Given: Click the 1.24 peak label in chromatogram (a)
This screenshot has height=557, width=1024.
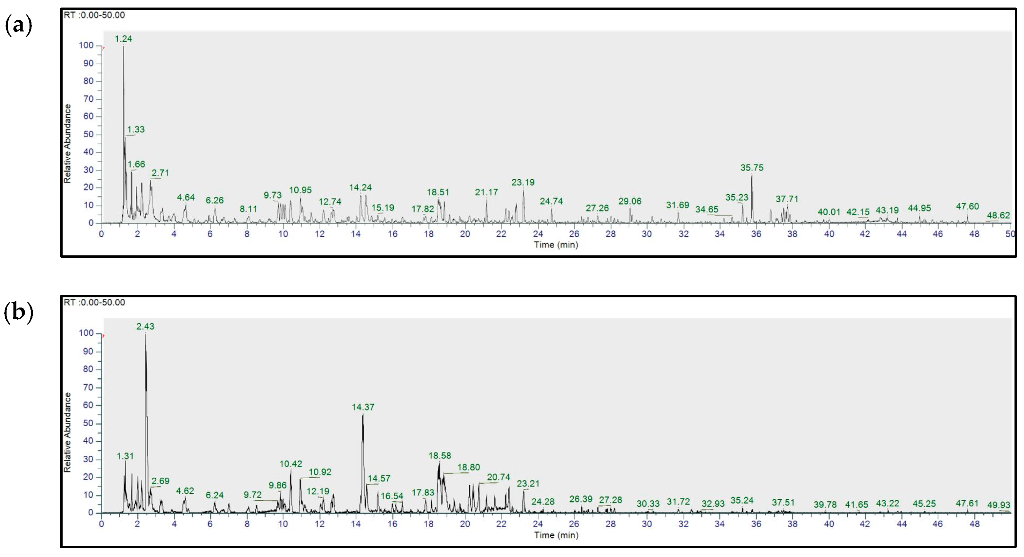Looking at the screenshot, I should tap(123, 39).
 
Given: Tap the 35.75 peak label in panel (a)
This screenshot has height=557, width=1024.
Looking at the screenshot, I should tap(751, 168).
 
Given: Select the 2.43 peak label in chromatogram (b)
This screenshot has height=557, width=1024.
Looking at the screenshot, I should tap(145, 327).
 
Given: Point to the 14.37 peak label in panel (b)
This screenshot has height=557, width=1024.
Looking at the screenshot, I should tap(363, 407).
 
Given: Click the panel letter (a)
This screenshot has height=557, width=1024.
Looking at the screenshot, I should tap(18, 26).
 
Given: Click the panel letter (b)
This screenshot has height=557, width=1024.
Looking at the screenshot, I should tap(18, 312).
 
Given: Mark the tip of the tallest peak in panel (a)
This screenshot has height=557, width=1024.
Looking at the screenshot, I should tap(124, 47).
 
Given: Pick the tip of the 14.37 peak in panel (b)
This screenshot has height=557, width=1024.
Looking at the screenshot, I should tap(363, 415).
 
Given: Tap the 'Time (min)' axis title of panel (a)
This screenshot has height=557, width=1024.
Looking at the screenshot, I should tap(556, 245).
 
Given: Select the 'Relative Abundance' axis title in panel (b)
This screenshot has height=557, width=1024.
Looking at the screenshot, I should tap(67, 432).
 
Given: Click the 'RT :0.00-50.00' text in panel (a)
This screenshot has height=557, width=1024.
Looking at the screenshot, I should tap(94, 15).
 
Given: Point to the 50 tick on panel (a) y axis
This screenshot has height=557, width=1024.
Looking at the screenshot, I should tap(88, 134).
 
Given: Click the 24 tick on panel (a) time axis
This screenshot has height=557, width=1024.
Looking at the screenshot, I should tap(538, 234).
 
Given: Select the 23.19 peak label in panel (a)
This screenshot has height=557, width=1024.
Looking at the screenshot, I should tap(523, 183).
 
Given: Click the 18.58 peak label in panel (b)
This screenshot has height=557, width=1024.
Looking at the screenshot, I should tap(440, 456).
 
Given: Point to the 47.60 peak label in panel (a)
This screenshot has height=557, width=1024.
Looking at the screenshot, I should tap(967, 206).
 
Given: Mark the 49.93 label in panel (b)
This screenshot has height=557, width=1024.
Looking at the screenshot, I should tap(998, 505).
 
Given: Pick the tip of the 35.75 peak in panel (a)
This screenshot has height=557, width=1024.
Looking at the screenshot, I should tap(752, 175).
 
